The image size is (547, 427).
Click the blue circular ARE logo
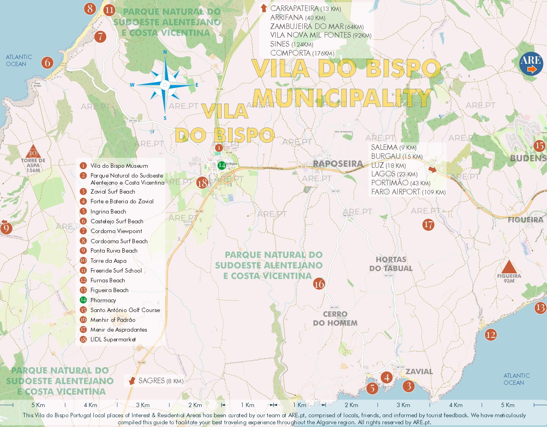tap(531, 63)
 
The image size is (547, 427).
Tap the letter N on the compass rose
tap(165, 52)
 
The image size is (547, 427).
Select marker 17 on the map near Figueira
tap(428, 224)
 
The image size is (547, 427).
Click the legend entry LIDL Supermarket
tap(113, 339)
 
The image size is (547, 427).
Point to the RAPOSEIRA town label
tap(338, 164)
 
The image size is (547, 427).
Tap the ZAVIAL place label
tap(419, 371)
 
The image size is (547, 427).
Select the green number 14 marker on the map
tap(222, 165)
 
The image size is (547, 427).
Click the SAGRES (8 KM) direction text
tap(161, 381)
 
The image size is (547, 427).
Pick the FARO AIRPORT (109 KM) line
tap(408, 192)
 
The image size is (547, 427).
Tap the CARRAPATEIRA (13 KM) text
tap(305, 9)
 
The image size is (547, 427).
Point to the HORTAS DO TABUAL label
tap(391, 264)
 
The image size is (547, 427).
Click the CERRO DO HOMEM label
tap(335, 319)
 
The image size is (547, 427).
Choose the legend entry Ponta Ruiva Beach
tap(114, 251)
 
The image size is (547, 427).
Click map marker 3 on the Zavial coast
tap(409, 386)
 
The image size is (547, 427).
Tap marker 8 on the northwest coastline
tap(90, 8)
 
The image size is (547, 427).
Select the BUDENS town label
tap(528, 158)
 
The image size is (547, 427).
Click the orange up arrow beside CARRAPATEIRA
tap(264, 8)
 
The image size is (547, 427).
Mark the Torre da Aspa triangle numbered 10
tap(33, 152)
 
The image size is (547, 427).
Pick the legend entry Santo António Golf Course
tap(125, 310)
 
